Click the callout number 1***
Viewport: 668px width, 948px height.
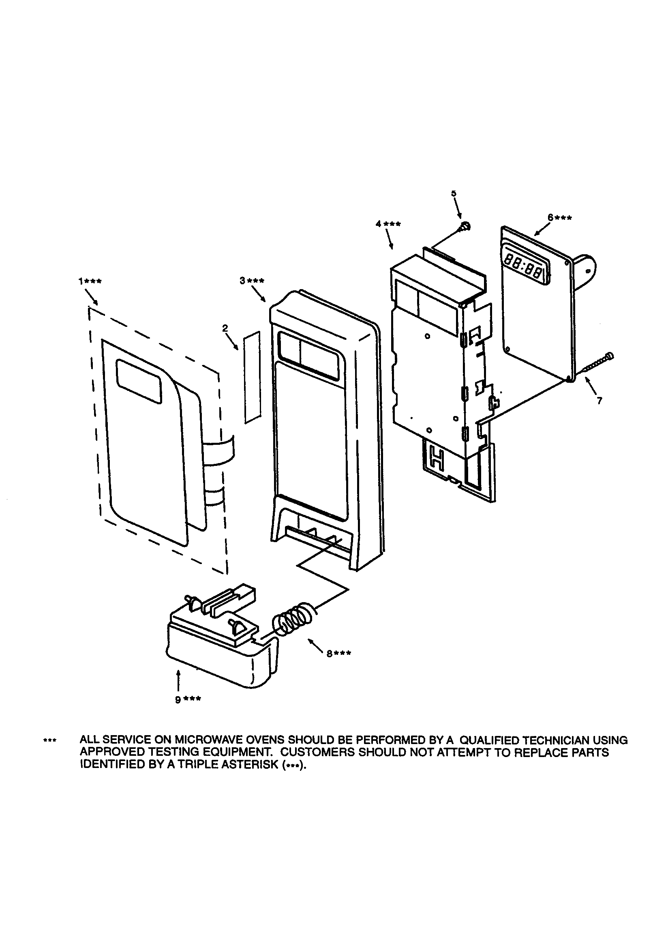coord(90,281)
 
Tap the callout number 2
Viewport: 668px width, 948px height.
coord(225,328)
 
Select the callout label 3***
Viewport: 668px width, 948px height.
coord(252,281)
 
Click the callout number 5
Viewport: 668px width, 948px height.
coord(454,193)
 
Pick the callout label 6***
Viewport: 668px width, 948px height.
coord(559,218)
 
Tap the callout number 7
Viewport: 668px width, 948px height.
coord(599,400)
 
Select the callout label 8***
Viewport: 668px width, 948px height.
coord(339,654)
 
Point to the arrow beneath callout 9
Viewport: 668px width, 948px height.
coord(178,680)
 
